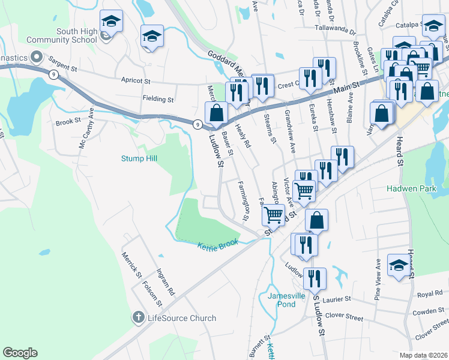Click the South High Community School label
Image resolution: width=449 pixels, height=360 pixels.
pos(76,35)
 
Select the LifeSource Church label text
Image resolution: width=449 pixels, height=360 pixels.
pos(182,317)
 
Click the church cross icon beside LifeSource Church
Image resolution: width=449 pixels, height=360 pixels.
pos(138,317)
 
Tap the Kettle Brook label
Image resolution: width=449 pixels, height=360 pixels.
pos(218,244)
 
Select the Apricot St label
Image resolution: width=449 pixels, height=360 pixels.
pos(136,80)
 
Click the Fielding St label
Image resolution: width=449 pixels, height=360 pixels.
pos(158,99)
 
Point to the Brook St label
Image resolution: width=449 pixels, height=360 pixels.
pos(68,121)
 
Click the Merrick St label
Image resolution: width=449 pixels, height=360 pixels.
pos(131,266)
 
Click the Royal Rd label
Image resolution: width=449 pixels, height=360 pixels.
pos(430,294)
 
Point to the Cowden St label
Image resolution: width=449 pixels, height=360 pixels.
pos(428,311)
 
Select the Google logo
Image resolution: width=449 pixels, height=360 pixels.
pos(20,353)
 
